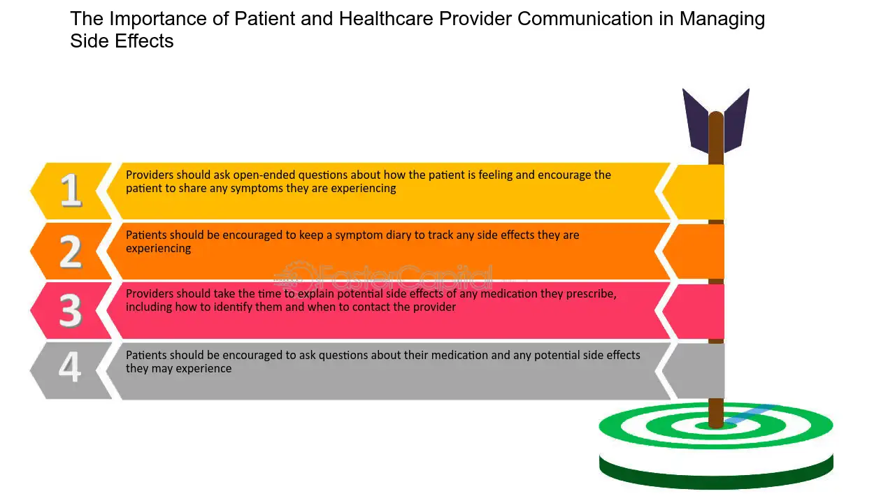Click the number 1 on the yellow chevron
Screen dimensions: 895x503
click(71, 190)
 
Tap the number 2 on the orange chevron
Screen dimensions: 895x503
click(71, 251)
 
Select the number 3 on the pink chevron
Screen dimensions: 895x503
click(71, 311)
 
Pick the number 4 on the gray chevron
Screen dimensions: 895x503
click(70, 367)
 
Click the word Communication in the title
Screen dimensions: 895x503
click(585, 18)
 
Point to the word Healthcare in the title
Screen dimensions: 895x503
click(386, 18)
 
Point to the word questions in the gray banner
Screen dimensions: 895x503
click(343, 356)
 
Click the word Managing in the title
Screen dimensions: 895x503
click(722, 19)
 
